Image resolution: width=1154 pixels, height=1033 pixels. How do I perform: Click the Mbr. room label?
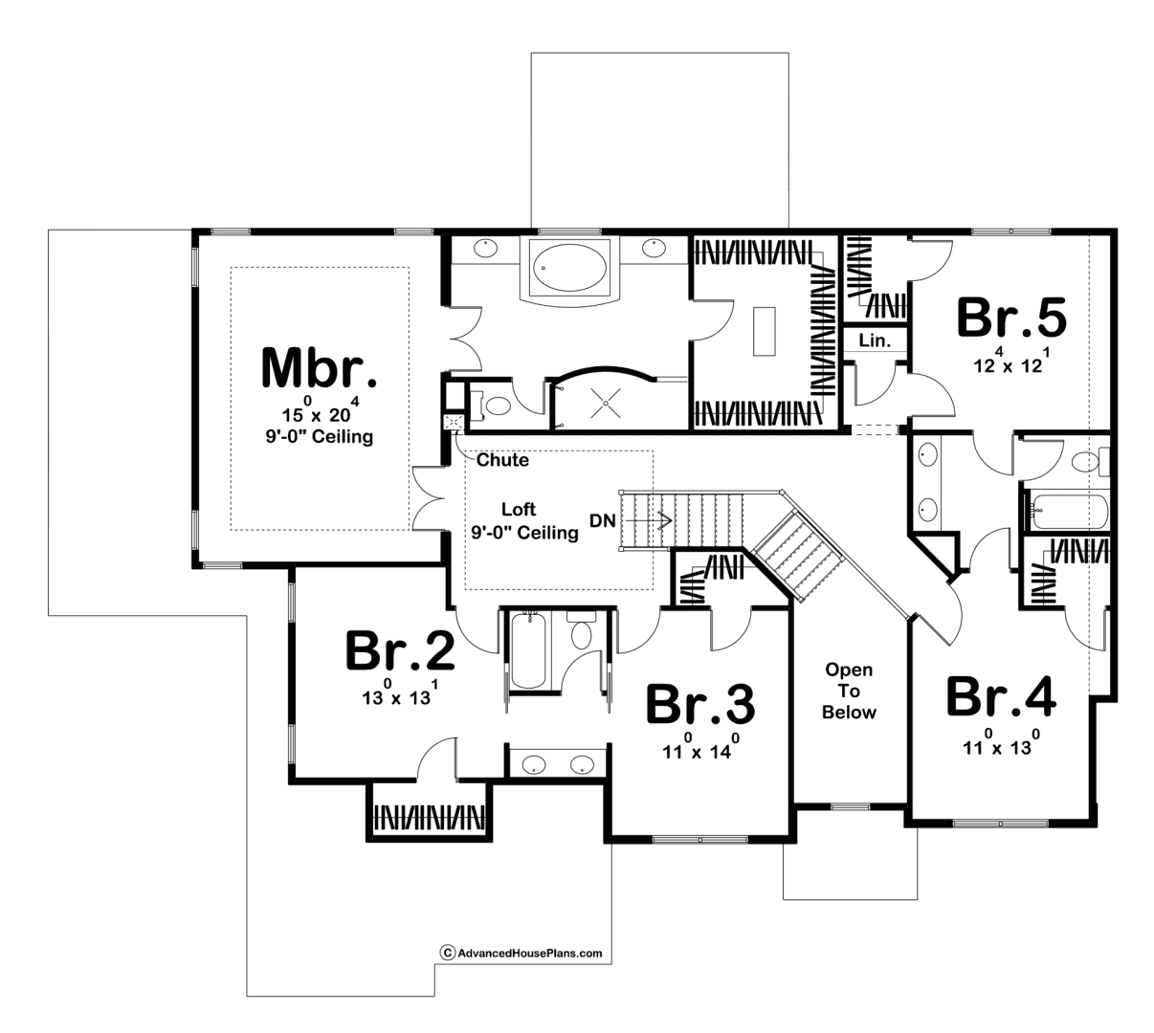tap(319, 368)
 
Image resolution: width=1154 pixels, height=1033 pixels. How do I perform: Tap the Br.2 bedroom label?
tap(400, 650)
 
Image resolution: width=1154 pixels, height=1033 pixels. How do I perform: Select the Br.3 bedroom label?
tap(700, 703)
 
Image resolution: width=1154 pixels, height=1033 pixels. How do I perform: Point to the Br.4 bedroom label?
tap(1001, 696)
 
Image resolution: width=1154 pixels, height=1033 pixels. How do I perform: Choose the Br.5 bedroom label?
tap(1011, 318)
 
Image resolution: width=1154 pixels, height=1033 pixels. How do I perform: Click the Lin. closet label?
tap(875, 341)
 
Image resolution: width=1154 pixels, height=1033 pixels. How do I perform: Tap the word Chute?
tap(502, 459)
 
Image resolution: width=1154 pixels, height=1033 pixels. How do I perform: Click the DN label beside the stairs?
tap(603, 520)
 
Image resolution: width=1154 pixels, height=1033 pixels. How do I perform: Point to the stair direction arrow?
tap(649, 520)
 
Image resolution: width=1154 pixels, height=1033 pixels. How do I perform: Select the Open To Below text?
tap(849, 691)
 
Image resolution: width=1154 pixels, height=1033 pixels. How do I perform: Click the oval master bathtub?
tap(569, 268)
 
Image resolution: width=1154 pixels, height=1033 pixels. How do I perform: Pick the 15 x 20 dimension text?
tap(321, 409)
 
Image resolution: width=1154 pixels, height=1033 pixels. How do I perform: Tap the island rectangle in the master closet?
tap(764, 331)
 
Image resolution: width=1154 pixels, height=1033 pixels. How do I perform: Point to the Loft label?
tap(519, 509)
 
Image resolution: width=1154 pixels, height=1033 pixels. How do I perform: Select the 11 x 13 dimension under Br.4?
tap(1001, 742)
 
